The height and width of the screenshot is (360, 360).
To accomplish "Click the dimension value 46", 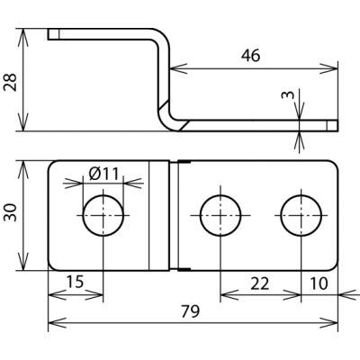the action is [x=250, y=56].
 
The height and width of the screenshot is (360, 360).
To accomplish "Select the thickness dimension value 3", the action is [x=288, y=94].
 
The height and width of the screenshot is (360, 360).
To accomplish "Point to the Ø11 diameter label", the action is [x=103, y=174].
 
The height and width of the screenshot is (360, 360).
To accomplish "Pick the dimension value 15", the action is [x=75, y=283].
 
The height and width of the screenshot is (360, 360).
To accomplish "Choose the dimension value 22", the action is [x=260, y=283].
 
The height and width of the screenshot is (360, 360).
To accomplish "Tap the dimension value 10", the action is [x=319, y=283].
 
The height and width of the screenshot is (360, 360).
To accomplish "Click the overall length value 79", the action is [x=190, y=311].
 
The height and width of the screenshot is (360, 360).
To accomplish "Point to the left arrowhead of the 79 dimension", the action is [x=57, y=323].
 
